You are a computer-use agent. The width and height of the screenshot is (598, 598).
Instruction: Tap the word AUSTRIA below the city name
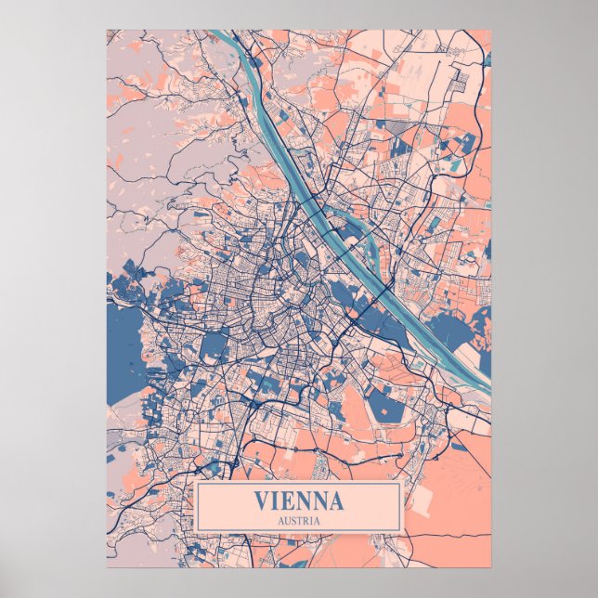(x=298, y=521)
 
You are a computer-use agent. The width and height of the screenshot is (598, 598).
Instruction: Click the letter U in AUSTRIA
(x=286, y=521)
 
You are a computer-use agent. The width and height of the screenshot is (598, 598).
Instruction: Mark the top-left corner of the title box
(x=196, y=483)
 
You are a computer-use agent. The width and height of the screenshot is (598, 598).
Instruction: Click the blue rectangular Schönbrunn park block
(x=214, y=346)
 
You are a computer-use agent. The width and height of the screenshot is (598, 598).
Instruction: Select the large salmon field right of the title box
(x=446, y=501)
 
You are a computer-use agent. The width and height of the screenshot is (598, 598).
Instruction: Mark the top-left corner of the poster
(x=107, y=30)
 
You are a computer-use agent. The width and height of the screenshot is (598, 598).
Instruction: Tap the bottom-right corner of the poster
(x=490, y=566)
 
